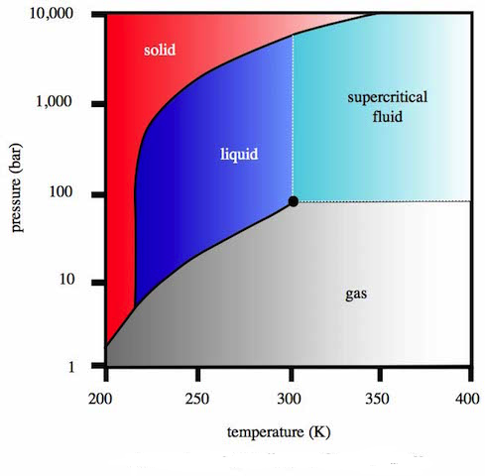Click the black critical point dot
click(x=293, y=201)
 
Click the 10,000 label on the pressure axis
click(x=55, y=15)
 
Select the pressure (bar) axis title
click(x=19, y=189)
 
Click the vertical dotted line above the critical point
click(x=293, y=119)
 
